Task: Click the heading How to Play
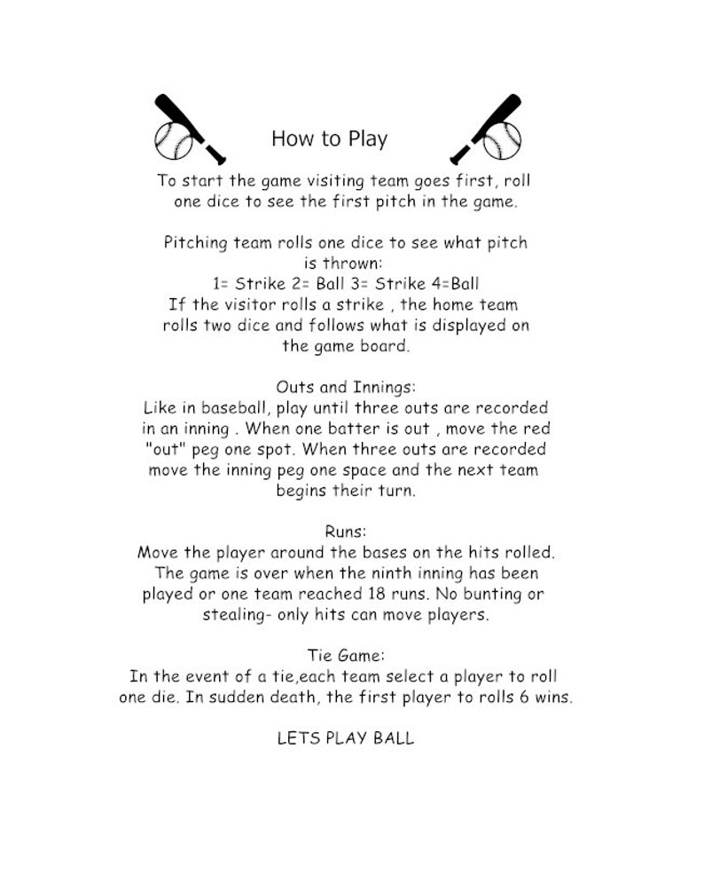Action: click(x=329, y=139)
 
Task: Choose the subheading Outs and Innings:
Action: click(x=346, y=387)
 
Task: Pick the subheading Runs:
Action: click(x=346, y=531)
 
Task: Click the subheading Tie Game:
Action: click(x=346, y=656)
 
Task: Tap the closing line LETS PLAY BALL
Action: click(x=346, y=738)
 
